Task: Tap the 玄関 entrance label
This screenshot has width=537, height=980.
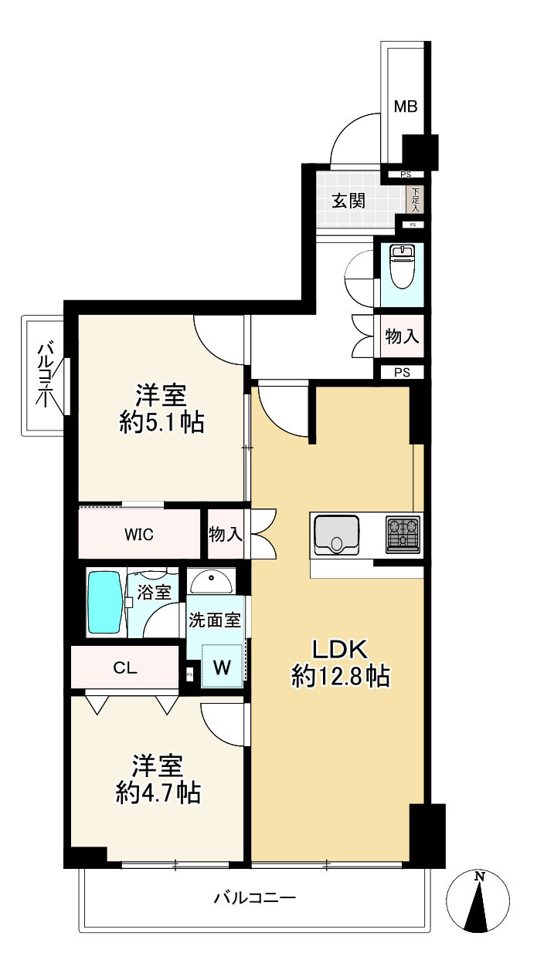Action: [348, 201]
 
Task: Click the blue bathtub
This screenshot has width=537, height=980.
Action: [104, 603]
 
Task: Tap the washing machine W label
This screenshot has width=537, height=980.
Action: [222, 667]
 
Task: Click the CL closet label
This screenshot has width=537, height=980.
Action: [125, 668]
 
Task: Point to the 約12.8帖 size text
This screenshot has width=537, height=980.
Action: [340, 677]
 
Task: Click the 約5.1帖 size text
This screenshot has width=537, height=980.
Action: [161, 421]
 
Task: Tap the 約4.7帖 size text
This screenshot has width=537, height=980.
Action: [158, 792]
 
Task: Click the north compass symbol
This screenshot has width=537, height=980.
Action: [479, 899]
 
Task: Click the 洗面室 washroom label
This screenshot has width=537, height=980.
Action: [216, 619]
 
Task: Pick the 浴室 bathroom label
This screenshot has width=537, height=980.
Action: [155, 593]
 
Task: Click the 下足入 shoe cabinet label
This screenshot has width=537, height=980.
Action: [416, 200]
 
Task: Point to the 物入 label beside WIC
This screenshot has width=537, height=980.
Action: [226, 534]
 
